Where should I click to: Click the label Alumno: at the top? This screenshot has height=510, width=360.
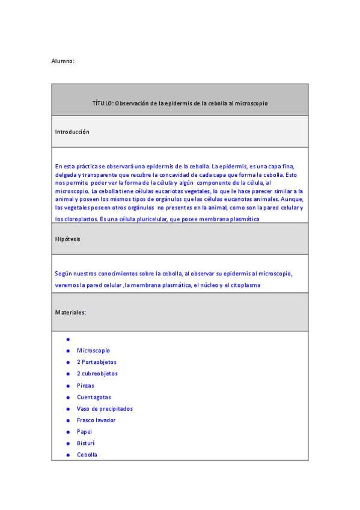tap(63, 61)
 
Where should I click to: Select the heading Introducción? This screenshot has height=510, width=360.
tap(72, 132)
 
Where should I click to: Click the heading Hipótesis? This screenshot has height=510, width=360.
tap(68, 239)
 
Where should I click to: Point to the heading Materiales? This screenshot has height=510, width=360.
tap(70, 313)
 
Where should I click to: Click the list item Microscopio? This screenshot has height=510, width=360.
tap(93, 351)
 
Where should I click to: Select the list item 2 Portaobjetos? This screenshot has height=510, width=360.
tap(97, 362)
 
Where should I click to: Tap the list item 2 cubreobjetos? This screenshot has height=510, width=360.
tap(97, 373)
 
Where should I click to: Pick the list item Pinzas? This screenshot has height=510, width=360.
tap(85, 386)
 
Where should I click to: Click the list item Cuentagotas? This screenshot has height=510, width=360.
tap(94, 397)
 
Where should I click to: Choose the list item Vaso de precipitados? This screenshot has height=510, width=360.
tap(105, 408)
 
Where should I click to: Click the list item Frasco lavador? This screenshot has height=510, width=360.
tap(96, 420)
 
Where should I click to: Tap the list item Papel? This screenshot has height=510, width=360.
tap(85, 432)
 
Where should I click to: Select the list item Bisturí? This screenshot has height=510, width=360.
tap(86, 443)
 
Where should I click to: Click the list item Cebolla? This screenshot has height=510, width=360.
tap(87, 455)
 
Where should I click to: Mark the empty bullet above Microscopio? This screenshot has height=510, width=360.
tap(69, 339)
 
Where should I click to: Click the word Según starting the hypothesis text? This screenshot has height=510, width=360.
tap(63, 274)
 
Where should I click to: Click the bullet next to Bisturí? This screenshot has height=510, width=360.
tap(69, 443)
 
